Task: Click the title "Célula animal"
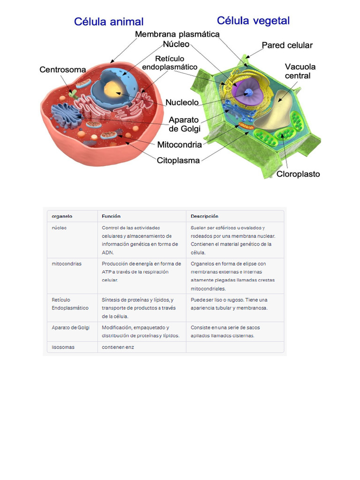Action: tap(108, 22)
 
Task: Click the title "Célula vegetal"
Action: tap(253, 21)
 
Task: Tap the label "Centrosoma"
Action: tap(62, 70)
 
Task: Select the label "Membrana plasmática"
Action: tap(177, 34)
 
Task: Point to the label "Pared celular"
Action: tap(287, 45)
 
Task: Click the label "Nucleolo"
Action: tap(182, 102)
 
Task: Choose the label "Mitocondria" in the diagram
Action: tap(180, 144)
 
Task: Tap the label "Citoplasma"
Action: tap(178, 160)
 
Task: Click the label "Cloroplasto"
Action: tap(298, 174)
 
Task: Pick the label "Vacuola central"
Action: tap(300, 71)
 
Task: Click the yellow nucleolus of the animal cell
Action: tap(113, 89)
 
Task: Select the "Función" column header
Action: tap(111, 216)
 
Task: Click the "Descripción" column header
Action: tap(204, 216)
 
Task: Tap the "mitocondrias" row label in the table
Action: tap(67, 263)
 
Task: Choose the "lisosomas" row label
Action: tap(63, 347)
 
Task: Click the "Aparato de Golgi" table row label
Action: tap(71, 327)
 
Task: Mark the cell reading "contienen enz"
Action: tap(118, 347)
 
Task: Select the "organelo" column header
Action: tap(62, 216)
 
